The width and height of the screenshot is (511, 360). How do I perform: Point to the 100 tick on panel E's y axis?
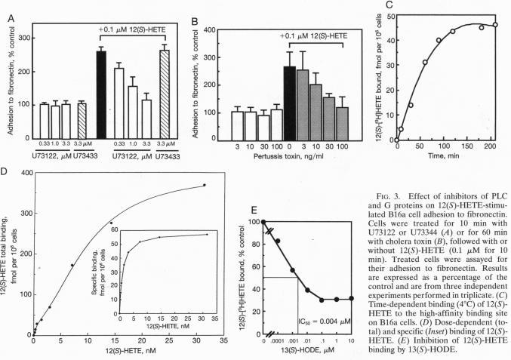pos(254,222)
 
